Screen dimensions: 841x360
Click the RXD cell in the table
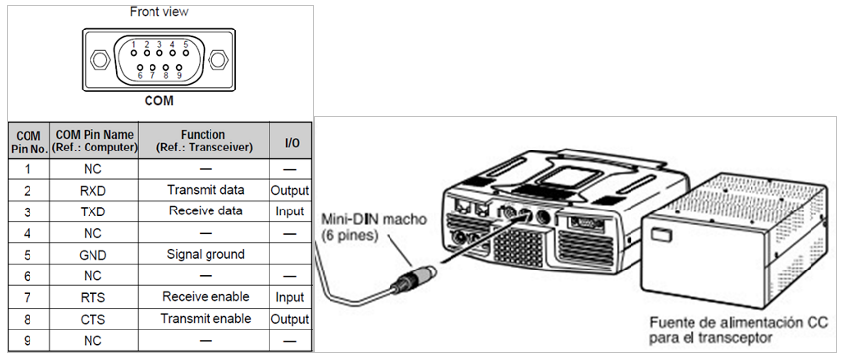point(93,191)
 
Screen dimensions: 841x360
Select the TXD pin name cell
point(93,211)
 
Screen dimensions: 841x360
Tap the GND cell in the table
point(93,255)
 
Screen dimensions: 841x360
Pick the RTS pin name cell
point(93,297)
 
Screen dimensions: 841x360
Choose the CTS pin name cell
point(93,320)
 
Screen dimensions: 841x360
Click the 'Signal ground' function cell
point(206,254)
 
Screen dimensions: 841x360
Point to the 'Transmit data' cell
point(206,190)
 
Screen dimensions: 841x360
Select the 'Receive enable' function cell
point(206,297)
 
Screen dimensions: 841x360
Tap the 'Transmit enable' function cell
point(206,319)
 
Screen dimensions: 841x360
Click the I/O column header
point(291,142)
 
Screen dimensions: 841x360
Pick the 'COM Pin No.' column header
point(29,142)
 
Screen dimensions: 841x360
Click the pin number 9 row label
point(28,340)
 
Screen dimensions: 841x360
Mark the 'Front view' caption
point(158,11)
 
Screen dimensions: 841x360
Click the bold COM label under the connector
point(158,101)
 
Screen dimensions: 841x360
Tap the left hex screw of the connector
point(99,60)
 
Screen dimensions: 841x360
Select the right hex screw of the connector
point(218,60)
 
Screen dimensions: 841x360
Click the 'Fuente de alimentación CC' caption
point(737,323)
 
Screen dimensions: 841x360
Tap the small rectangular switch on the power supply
point(659,235)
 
